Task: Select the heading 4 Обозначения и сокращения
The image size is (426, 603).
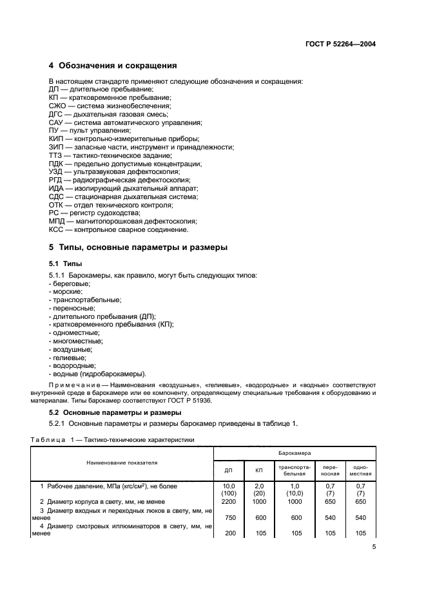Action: (x=113, y=66)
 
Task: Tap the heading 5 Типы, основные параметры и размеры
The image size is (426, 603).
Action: (x=139, y=247)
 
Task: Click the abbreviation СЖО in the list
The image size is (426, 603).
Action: (x=57, y=105)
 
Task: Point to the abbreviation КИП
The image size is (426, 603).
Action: (x=57, y=139)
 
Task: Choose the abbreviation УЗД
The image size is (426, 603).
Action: (x=57, y=172)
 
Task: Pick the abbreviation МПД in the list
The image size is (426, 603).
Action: (x=57, y=220)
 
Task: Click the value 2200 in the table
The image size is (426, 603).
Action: (x=228, y=501)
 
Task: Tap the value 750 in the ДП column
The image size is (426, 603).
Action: (x=228, y=517)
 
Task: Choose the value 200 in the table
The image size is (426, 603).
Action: (x=228, y=533)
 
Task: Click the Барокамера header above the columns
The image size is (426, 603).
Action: (x=294, y=454)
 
